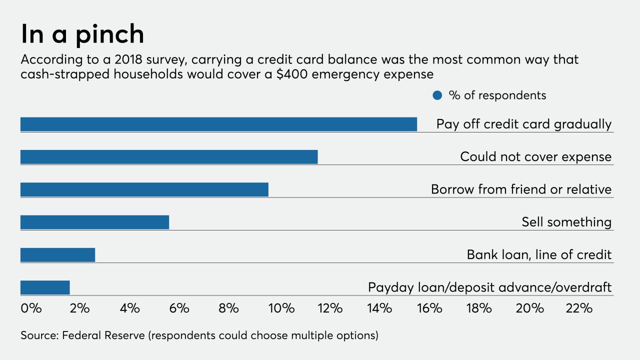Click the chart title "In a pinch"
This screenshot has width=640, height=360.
click(x=82, y=34)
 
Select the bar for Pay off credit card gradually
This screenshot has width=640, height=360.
click(x=218, y=124)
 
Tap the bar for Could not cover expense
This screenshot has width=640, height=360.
click(x=169, y=157)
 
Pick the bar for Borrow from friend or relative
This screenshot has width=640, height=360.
click(x=144, y=189)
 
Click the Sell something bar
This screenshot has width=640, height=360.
click(x=94, y=222)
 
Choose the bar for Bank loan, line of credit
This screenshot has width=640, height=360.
click(x=57, y=255)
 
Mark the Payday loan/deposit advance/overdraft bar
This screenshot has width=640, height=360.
click(x=45, y=287)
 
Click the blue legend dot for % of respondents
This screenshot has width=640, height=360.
click(x=437, y=95)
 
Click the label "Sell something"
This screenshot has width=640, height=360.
click(x=566, y=222)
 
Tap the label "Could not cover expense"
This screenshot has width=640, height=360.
click(x=535, y=157)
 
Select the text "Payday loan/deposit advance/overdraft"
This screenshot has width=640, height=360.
click(x=489, y=287)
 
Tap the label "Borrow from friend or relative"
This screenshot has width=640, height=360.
click(x=521, y=189)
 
